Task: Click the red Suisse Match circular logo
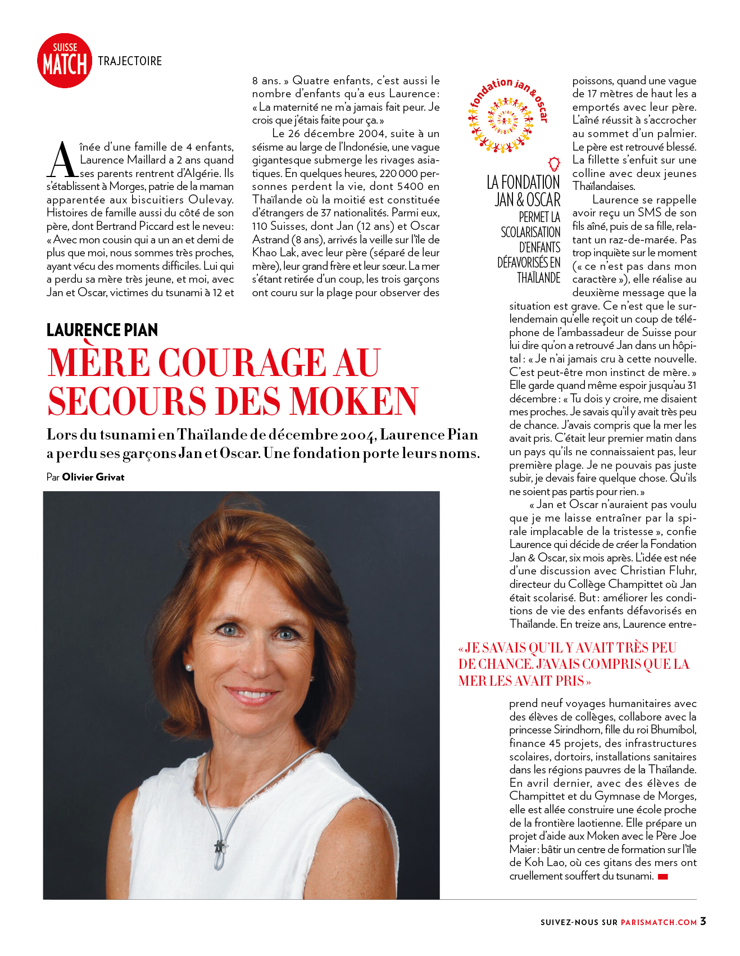click(x=65, y=61)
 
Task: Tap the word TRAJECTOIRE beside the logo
click(x=130, y=61)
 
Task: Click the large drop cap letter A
click(x=62, y=160)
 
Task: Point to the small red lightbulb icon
click(x=554, y=164)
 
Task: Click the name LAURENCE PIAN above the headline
click(x=102, y=330)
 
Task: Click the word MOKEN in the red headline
click(x=353, y=401)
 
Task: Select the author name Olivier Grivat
click(x=93, y=477)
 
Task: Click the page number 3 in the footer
click(x=703, y=921)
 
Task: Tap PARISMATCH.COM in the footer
click(x=659, y=922)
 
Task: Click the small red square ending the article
click(x=663, y=877)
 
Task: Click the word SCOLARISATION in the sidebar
click(x=530, y=232)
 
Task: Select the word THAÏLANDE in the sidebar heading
click(x=538, y=278)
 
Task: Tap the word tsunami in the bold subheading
click(x=128, y=435)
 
